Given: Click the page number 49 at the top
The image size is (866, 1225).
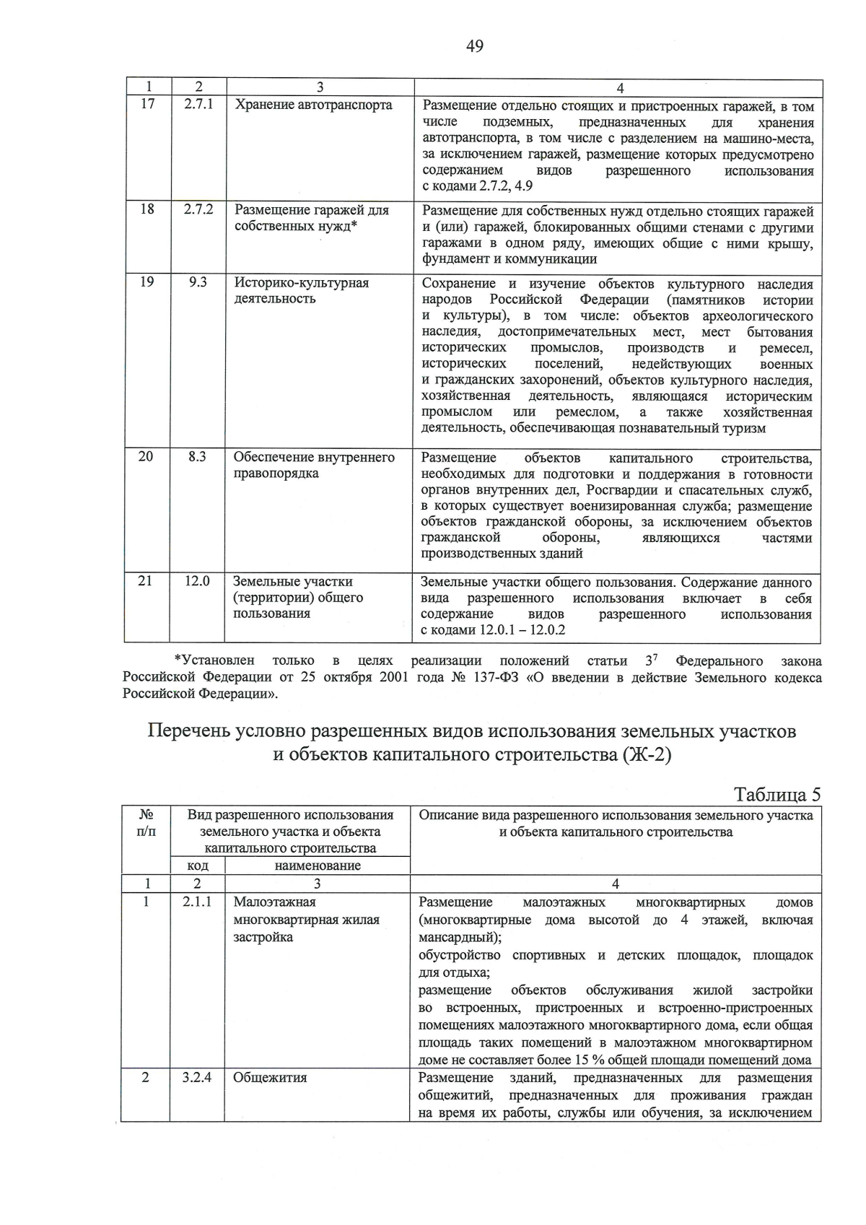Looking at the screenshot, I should tap(475, 47).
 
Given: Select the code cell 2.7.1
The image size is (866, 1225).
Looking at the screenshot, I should tap(198, 105).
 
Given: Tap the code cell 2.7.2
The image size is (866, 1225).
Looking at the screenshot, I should tap(198, 210).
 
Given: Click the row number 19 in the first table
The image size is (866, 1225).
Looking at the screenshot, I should tap(147, 282).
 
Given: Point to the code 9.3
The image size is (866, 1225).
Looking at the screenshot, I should tap(198, 282).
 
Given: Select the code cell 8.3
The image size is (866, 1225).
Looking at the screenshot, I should tap(197, 457).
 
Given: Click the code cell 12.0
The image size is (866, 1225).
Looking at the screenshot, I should tap(197, 581).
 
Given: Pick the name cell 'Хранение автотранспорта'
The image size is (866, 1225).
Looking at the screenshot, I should tap(313, 105).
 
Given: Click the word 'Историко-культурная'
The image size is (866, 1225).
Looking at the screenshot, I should tap(302, 283).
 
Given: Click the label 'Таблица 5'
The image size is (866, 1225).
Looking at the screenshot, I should tap(777, 795).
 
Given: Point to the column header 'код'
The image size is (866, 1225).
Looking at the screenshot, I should tap(197, 865).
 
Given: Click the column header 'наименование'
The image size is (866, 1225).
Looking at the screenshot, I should tap(318, 865).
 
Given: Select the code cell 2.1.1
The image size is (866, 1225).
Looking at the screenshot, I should tap(197, 902).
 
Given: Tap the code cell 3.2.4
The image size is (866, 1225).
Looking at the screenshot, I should tap(197, 1078).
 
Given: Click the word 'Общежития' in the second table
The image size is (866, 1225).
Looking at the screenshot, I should tap(270, 1078).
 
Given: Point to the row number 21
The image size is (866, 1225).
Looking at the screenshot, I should tap(146, 581).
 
